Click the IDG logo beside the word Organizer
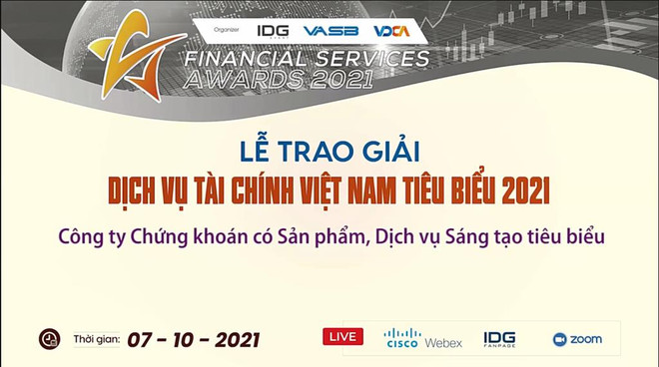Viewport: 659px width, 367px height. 273,31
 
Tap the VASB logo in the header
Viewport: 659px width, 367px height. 330,31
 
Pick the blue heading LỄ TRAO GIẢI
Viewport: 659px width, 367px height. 329,152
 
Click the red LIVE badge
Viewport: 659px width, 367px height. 342,336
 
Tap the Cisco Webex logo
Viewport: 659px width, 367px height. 423,338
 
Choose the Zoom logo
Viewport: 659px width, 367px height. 576,339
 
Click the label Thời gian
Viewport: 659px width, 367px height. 97,340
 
